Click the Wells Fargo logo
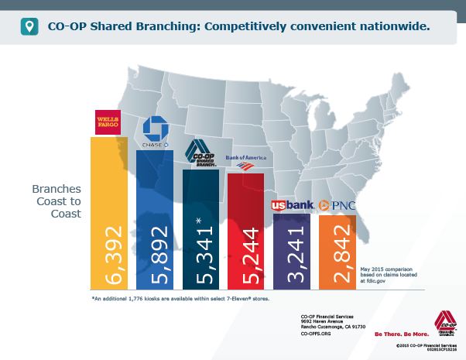tap(108, 122)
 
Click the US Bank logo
tap(291, 206)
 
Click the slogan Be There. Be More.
tap(401, 334)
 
